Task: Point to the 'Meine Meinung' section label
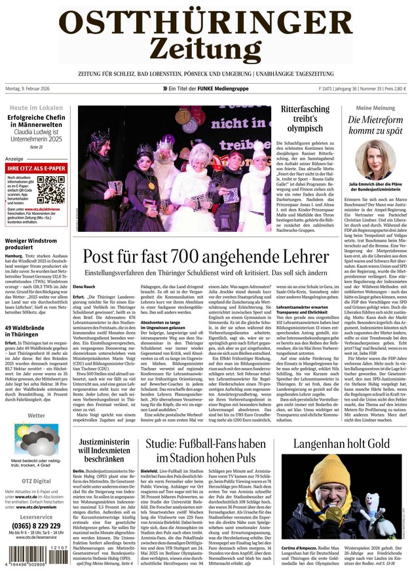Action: coord(375,108)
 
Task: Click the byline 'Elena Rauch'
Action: coord(84,287)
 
